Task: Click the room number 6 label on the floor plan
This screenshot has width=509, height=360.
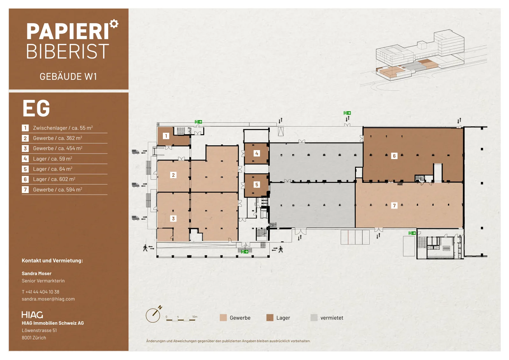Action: [394, 156]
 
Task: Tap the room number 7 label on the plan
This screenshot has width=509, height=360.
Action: [394, 205]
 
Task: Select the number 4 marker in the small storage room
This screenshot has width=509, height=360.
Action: [257, 154]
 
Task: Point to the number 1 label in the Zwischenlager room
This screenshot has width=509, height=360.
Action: [166, 136]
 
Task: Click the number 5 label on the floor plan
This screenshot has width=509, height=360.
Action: [257, 184]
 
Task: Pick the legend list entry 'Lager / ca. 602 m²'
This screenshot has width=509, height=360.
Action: [54, 179]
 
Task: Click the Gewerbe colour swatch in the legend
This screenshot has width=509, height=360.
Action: [223, 317]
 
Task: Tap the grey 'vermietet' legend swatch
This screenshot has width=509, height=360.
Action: [314, 317]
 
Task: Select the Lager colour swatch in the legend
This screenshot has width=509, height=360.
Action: [270, 317]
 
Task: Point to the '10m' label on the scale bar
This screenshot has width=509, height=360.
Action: [195, 317]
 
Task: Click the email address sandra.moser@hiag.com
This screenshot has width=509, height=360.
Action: [48, 299]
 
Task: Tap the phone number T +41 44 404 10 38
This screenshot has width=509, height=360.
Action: [40, 292]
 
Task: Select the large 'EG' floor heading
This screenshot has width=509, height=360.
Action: [36, 108]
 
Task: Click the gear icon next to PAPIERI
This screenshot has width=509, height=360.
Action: [114, 24]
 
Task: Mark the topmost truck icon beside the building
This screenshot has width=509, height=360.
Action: [136, 152]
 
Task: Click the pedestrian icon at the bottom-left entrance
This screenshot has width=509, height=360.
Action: [145, 248]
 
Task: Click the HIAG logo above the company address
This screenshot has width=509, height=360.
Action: [32, 315]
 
